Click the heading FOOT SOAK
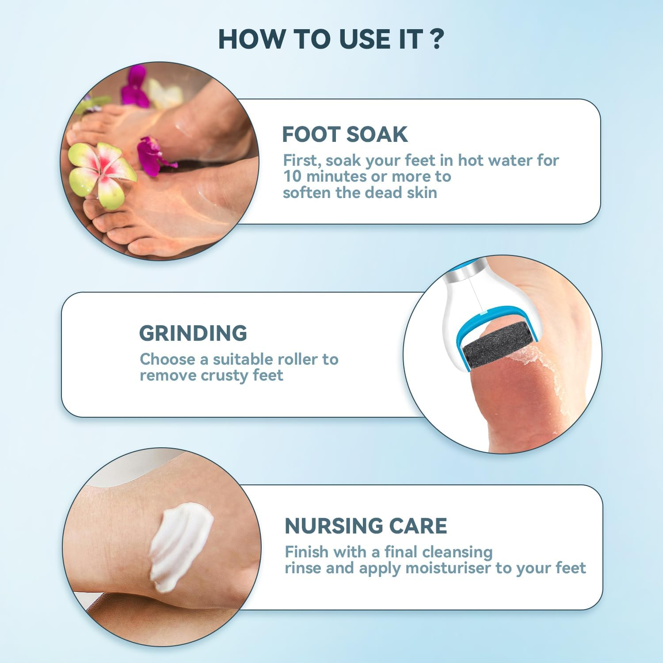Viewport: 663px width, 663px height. tap(345, 134)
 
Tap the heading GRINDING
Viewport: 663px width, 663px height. tap(193, 333)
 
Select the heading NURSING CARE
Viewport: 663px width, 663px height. tap(366, 526)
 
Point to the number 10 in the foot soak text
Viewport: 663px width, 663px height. tap(292, 176)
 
